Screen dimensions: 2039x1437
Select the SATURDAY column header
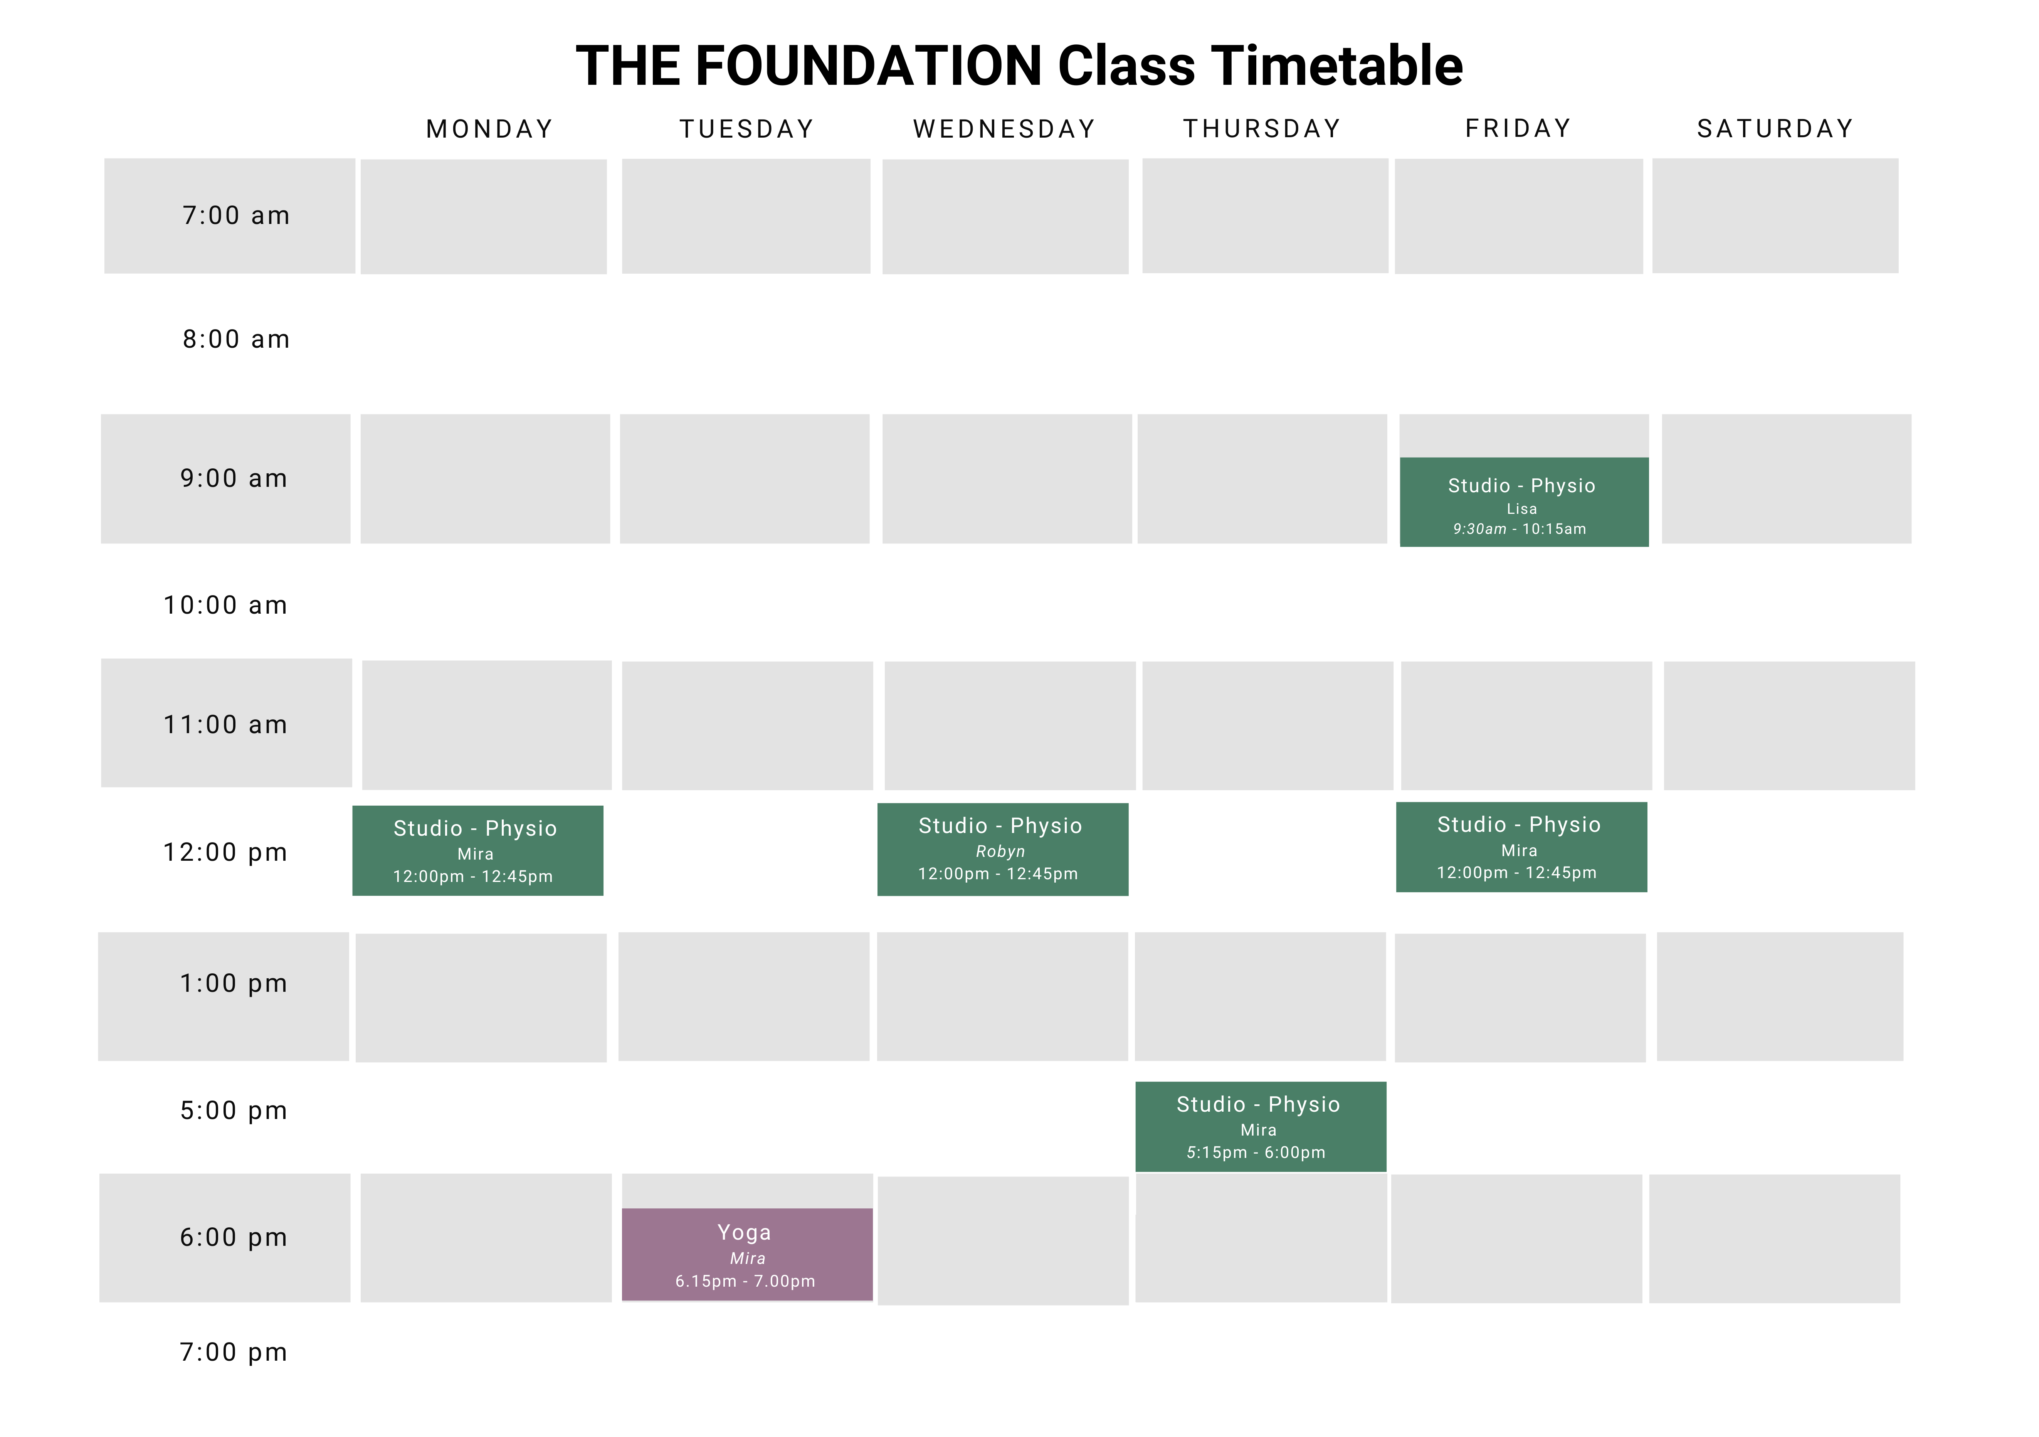pyautogui.click(x=1775, y=130)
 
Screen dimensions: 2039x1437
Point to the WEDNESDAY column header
pyautogui.click(x=1004, y=130)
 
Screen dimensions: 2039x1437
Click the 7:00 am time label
pyautogui.click(x=236, y=216)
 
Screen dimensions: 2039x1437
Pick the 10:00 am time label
pyautogui.click(x=225, y=606)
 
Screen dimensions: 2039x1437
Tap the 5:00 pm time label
pyautogui.click(x=234, y=1111)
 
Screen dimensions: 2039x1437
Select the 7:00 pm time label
pyautogui.click(x=234, y=1353)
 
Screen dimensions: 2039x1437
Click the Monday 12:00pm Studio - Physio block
pyautogui.click(x=478, y=851)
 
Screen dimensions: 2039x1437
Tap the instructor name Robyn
pyautogui.click(x=1000, y=852)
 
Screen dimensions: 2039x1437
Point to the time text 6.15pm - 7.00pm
pyautogui.click(x=745, y=1282)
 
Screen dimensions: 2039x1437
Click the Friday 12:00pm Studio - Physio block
pyautogui.click(x=1521, y=847)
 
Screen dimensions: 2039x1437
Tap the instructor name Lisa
pyautogui.click(x=1521, y=509)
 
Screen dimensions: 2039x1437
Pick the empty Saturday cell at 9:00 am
pyautogui.click(x=1786, y=479)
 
